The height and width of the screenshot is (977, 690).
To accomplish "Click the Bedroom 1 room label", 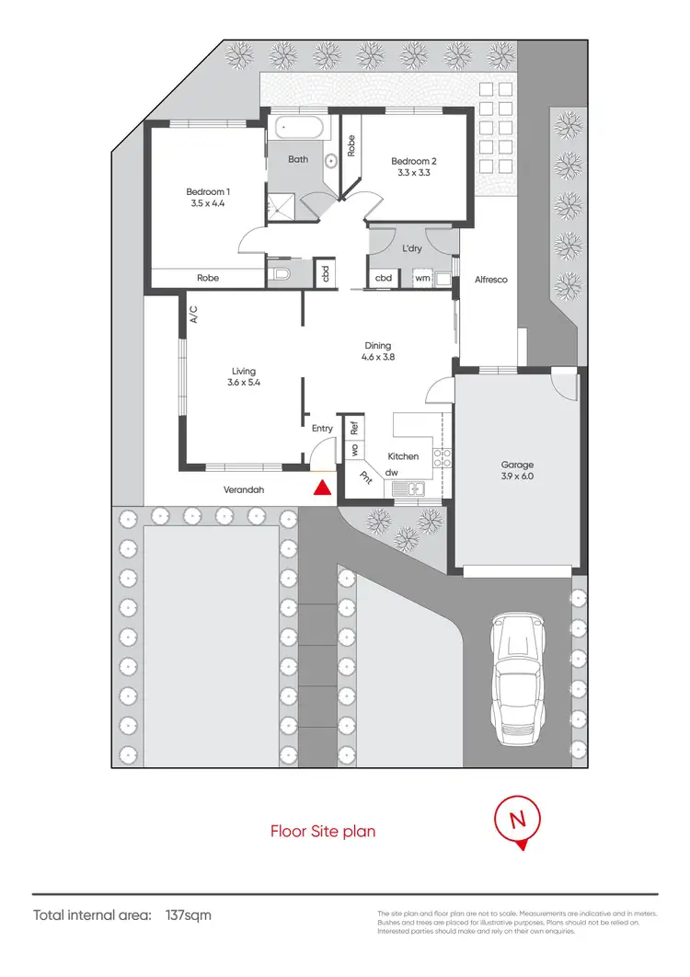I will [x=208, y=192].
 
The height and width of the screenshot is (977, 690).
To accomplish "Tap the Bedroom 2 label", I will [x=413, y=161].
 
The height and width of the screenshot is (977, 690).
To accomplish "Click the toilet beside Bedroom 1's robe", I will [x=282, y=273].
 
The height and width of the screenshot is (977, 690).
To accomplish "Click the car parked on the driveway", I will [x=516, y=680].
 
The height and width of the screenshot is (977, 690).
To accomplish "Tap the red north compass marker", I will [x=520, y=821].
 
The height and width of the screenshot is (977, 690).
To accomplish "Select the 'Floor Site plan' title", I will [x=322, y=832].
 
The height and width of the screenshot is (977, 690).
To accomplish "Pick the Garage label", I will [x=516, y=466].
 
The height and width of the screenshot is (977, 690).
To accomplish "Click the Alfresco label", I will [x=491, y=279].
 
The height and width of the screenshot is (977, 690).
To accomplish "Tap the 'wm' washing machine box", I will [x=422, y=277].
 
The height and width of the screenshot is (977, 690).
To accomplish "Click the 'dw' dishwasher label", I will [x=391, y=473].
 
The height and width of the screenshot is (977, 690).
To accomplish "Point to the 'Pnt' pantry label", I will [x=365, y=477].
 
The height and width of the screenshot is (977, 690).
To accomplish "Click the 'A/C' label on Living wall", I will [x=194, y=316].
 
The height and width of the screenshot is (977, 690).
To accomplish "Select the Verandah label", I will [x=244, y=490].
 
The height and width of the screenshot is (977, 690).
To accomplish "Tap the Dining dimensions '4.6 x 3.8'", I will [x=378, y=358].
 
